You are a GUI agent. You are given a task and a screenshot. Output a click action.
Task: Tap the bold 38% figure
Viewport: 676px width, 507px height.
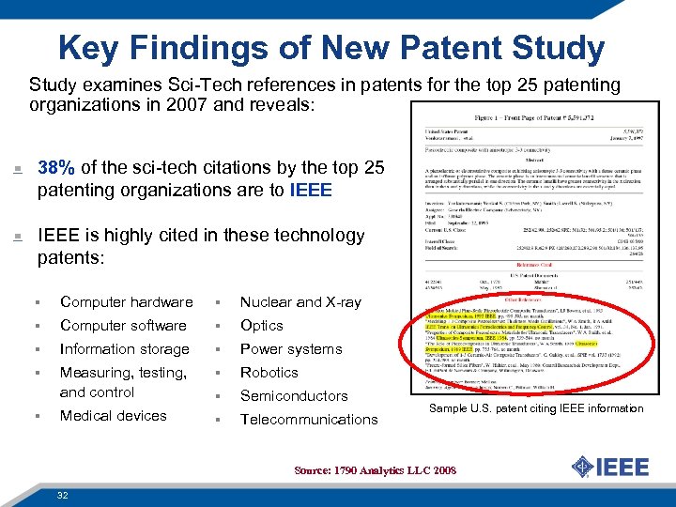click(x=56, y=168)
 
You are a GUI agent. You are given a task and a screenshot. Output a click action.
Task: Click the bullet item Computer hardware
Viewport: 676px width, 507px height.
click(x=126, y=302)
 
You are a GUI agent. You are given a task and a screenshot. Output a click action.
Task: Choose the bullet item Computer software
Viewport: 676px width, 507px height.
click(x=123, y=326)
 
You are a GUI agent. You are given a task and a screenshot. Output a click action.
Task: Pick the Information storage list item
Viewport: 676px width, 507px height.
click(x=124, y=349)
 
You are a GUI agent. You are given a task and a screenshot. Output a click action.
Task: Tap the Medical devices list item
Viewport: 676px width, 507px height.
click(x=113, y=416)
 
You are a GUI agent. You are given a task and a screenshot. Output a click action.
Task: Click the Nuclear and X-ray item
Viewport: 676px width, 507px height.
click(x=300, y=302)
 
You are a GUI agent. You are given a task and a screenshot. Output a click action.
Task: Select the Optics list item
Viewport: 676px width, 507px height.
click(x=261, y=326)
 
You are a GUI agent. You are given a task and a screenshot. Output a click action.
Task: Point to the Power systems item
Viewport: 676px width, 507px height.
click(x=290, y=349)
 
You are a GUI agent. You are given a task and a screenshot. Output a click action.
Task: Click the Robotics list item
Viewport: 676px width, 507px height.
click(x=269, y=373)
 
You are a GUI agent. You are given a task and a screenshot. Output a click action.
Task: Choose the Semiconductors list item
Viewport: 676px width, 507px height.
click(x=294, y=396)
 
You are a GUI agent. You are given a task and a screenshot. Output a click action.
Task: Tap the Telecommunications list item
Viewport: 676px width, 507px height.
click(x=309, y=420)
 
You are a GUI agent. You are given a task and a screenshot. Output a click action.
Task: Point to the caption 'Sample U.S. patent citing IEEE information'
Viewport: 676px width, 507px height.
click(x=536, y=408)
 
